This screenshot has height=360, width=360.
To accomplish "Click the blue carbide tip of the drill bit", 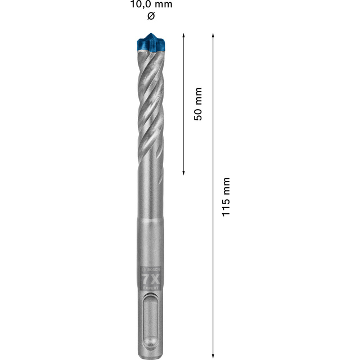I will click(x=150, y=43).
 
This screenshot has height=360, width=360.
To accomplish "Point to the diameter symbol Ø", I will click(x=150, y=16).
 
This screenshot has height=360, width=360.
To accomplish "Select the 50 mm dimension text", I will click(x=197, y=103).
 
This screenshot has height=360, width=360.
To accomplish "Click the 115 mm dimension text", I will click(x=226, y=197).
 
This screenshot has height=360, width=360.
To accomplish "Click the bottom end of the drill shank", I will click(x=150, y=353).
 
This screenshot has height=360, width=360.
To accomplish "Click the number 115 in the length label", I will click(x=226, y=208).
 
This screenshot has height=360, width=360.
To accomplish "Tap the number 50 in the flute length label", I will click(x=197, y=112).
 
